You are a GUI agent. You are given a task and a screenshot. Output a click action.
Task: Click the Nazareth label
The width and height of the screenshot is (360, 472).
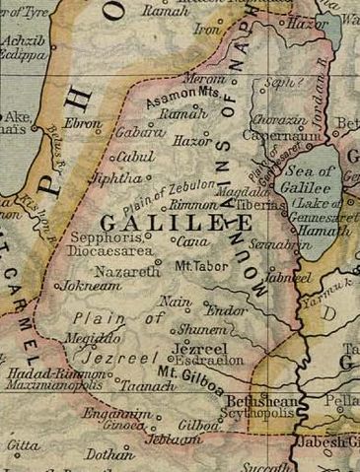(126, 269)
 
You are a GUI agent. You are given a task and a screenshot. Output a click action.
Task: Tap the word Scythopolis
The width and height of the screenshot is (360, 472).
(260, 415)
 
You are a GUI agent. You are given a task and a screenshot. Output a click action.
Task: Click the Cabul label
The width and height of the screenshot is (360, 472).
(135, 157)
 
